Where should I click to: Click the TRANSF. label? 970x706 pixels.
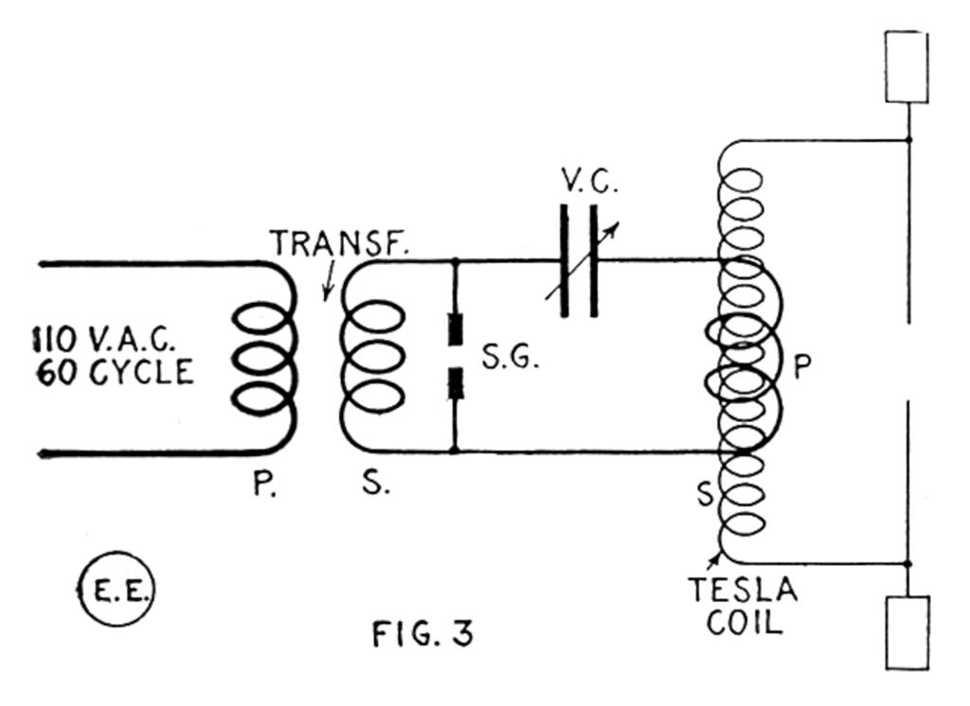pos(339,242)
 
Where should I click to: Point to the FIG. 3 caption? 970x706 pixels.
pos(422,632)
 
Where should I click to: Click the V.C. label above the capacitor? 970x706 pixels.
pos(589,182)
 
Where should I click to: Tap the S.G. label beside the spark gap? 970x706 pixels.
pos(512,359)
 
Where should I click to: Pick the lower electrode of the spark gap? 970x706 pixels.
pos(456,383)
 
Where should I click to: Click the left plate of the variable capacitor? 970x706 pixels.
pos(565,260)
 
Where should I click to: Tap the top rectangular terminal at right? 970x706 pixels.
pos(907,66)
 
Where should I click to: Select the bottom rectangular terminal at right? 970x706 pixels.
pos(907,631)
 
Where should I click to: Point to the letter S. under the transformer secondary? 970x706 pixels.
pos(373,487)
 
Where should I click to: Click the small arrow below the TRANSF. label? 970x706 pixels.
pos(327,282)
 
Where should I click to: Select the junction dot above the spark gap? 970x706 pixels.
pos(456,261)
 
